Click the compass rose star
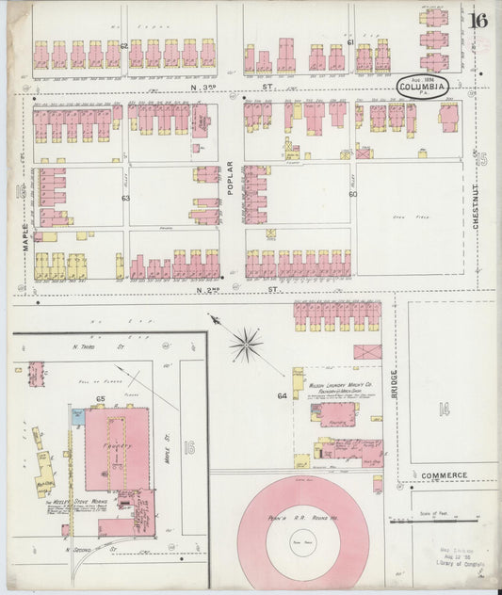pyautogui.click(x=246, y=345)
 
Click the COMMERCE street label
pyautogui.click(x=445, y=475)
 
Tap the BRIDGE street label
pyautogui.click(x=395, y=385)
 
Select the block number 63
pyautogui.click(x=124, y=199)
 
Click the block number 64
pyautogui.click(x=282, y=395)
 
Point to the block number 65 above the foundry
pyautogui.click(x=99, y=401)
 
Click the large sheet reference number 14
pyautogui.click(x=444, y=408)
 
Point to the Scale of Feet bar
pyautogui.click(x=441, y=520)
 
